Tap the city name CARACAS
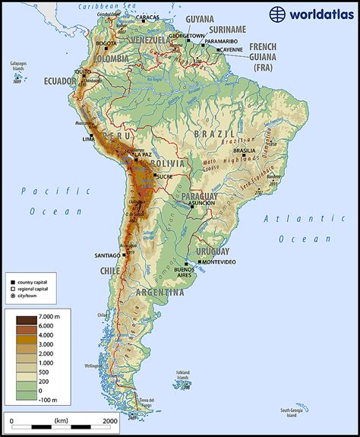coord(147,17)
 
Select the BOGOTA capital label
coord(106,43)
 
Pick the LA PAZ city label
coord(143,154)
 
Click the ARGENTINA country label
coord(160,292)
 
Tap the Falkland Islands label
coord(182,375)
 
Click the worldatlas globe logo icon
coord(277,14)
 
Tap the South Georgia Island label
coord(292,410)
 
